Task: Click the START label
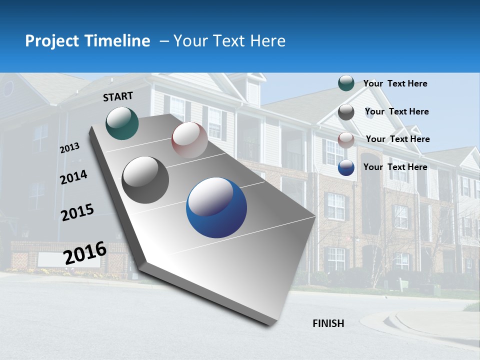coord(118,96)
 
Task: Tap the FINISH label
coord(328,323)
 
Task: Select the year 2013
coord(69,148)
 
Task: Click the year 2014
coord(74,177)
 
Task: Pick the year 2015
coord(77,213)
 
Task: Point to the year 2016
coord(85,252)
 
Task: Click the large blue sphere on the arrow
coord(216,207)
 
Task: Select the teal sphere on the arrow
coord(122,123)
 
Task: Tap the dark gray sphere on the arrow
coord(145,180)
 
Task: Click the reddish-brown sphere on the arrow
coord(189,139)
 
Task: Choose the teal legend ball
coord(346,83)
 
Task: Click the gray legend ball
coord(346,112)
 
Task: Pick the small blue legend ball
coord(346,167)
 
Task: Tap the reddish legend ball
coord(346,139)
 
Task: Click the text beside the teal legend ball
coord(395,84)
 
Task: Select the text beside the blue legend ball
coord(395,167)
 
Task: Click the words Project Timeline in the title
coord(87,41)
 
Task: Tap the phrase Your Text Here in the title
coord(229,41)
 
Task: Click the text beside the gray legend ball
coord(396,111)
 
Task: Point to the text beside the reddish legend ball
coord(397,139)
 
